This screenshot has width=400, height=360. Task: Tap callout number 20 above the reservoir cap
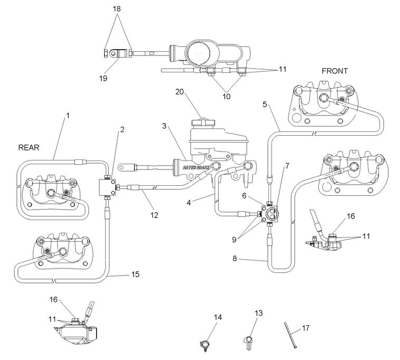pyautogui.click(x=180, y=91)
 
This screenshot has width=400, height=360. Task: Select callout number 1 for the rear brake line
pyautogui.click(x=68, y=115)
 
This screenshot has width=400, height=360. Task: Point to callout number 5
pyautogui.click(x=265, y=104)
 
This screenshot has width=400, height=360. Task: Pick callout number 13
pyautogui.click(x=258, y=314)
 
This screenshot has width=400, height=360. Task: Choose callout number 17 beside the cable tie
pyautogui.click(x=305, y=328)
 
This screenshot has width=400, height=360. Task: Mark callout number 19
pyautogui.click(x=103, y=78)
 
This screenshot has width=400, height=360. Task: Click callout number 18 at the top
pyautogui.click(x=117, y=9)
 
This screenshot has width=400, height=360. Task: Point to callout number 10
pyautogui.click(x=226, y=97)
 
